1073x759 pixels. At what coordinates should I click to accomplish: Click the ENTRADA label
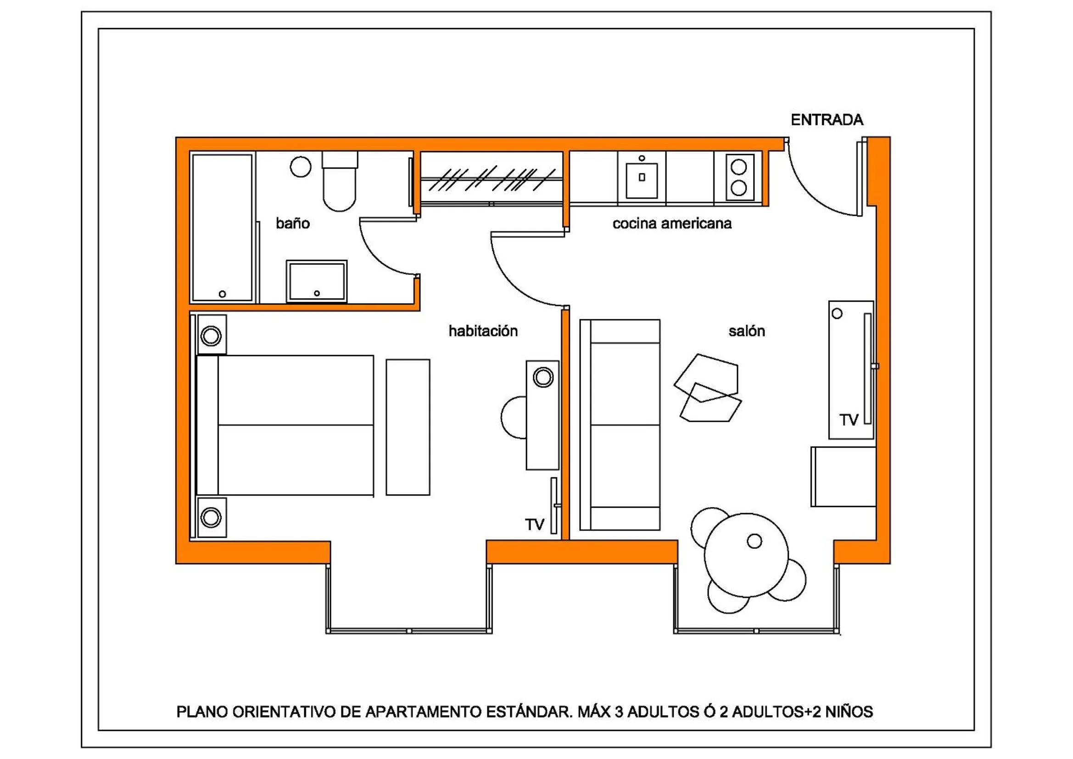(x=827, y=120)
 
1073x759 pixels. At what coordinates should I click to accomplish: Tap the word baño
(x=292, y=223)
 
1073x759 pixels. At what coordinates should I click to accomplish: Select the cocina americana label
(x=671, y=224)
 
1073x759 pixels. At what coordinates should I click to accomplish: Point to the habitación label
(x=483, y=331)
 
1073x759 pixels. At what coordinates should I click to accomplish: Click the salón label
(x=746, y=331)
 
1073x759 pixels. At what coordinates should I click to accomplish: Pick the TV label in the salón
(x=849, y=420)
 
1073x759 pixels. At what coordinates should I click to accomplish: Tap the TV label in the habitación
(x=534, y=525)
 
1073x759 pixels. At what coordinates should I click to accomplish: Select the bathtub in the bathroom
(x=222, y=227)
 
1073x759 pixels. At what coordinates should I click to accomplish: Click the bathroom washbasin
(x=316, y=282)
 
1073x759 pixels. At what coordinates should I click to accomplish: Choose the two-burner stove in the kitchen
(x=739, y=177)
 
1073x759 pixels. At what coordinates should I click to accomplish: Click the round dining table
(x=746, y=555)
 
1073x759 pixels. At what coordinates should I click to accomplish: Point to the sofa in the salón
(x=620, y=425)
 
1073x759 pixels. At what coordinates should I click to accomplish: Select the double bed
(x=285, y=425)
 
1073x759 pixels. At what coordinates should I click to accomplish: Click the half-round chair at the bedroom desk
(x=514, y=417)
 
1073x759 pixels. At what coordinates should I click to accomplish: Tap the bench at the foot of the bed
(x=408, y=427)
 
